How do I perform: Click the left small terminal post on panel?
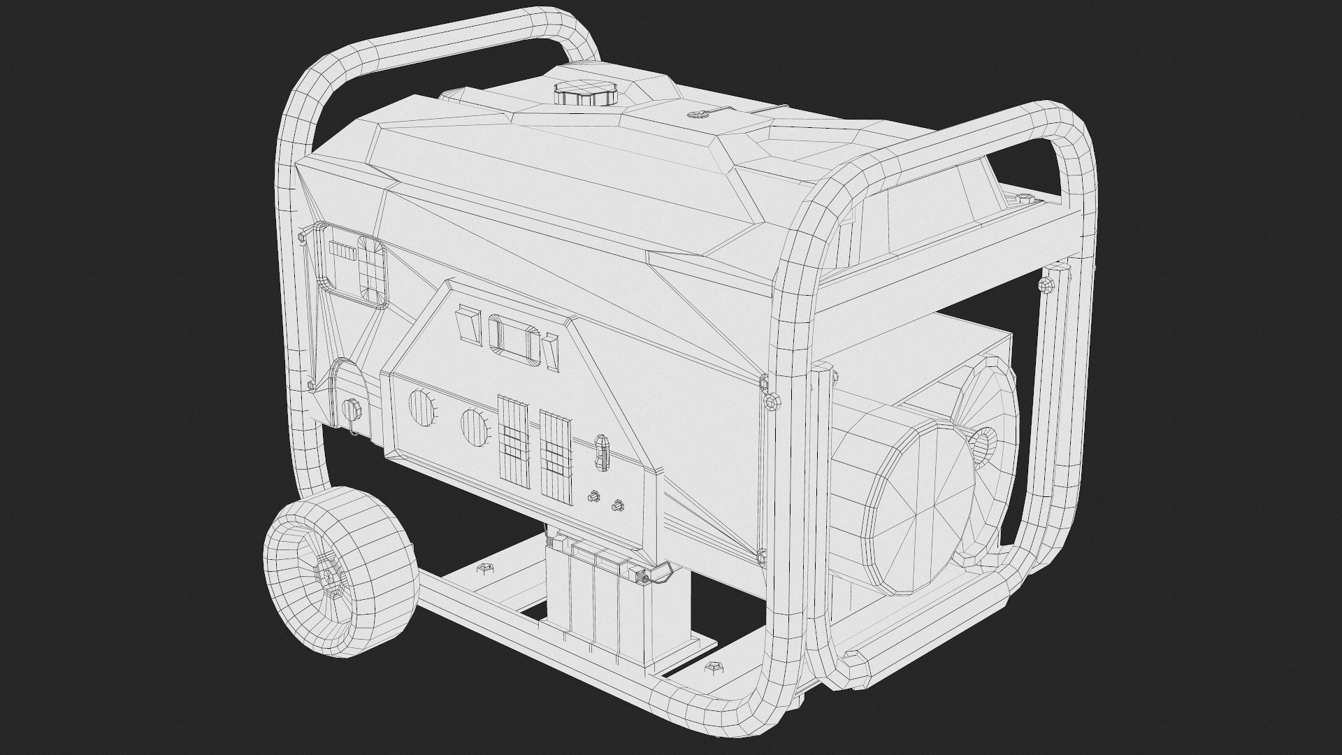(x=593, y=497)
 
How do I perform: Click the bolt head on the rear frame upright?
(x=1046, y=285)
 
